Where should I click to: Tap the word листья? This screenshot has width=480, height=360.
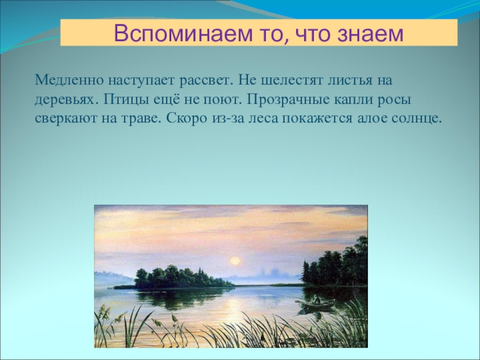pos(350,81)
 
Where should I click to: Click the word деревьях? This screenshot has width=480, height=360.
pos(65,100)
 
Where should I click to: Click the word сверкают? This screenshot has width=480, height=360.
pos(65,119)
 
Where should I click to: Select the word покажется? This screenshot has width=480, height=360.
pos(317,119)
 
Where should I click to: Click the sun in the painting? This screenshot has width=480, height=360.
pos(235,260)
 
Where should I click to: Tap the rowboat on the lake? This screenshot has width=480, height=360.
pos(316,304)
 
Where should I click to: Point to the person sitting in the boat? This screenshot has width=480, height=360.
pos(317,301)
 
